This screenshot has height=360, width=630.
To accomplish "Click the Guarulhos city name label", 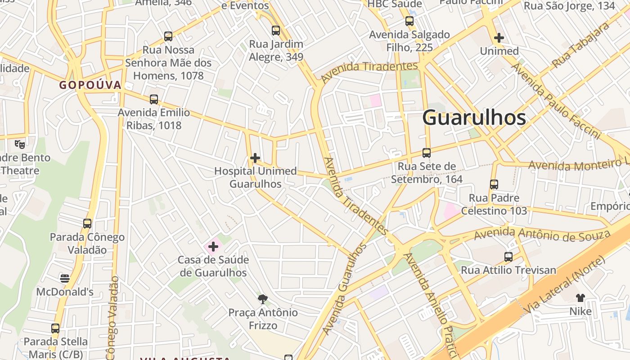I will tap(474, 118).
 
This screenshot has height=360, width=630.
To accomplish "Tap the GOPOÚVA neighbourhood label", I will tap(90, 85).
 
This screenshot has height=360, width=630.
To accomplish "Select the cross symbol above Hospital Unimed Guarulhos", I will tap(255, 158).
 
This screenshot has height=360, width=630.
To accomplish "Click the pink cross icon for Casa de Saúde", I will tap(213, 246).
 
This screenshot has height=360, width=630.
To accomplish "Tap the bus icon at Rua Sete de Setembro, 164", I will tap(427, 153).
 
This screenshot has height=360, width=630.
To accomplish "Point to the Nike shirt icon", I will tap(580, 297).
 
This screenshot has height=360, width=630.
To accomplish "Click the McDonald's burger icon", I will tap(65, 279).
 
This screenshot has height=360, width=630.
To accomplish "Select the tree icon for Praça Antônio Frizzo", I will tap(263, 299).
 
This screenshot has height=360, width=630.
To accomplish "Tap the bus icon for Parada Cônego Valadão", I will tap(87, 223).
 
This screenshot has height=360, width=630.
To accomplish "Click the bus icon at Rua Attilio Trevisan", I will tap(508, 257).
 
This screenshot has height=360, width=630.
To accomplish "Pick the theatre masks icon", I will tap(19, 144).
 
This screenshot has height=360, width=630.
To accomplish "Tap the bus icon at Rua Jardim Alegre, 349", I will tap(276, 31).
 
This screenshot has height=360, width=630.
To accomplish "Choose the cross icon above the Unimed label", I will tap(499, 38).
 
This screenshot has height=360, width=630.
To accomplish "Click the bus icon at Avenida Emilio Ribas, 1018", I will tap(154, 99).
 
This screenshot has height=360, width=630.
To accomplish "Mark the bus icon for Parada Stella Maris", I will tap(55, 328).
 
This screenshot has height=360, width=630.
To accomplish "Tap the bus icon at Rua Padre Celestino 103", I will tap(494, 184).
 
